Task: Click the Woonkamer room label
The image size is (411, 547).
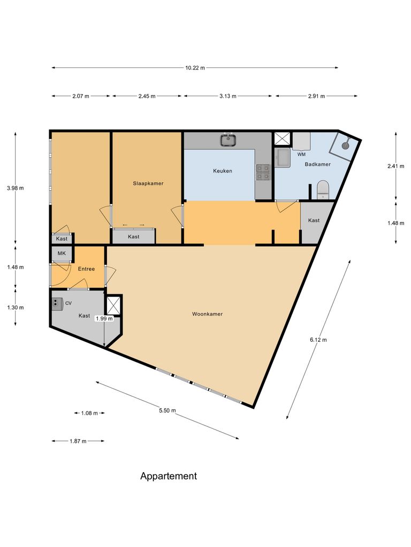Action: click(207, 314)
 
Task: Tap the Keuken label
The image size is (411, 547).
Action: click(223, 171)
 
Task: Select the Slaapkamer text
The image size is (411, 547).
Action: click(148, 183)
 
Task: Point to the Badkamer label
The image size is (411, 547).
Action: click(318, 165)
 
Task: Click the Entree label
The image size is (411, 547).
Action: click(86, 269)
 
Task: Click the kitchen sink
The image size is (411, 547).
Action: click(229, 140)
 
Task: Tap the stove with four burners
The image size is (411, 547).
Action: click(263, 171)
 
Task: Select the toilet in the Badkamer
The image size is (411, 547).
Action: click(323, 189)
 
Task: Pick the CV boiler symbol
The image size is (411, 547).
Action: click(57, 303)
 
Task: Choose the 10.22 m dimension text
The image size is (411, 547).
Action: click(195, 68)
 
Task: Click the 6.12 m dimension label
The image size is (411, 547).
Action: click(318, 340)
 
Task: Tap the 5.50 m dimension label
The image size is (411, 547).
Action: click(168, 410)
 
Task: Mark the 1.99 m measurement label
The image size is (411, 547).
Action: click(104, 318)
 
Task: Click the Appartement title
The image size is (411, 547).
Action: click(169, 476)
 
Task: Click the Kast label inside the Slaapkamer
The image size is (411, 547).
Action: click(134, 237)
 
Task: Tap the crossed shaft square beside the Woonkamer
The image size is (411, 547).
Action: click(114, 306)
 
